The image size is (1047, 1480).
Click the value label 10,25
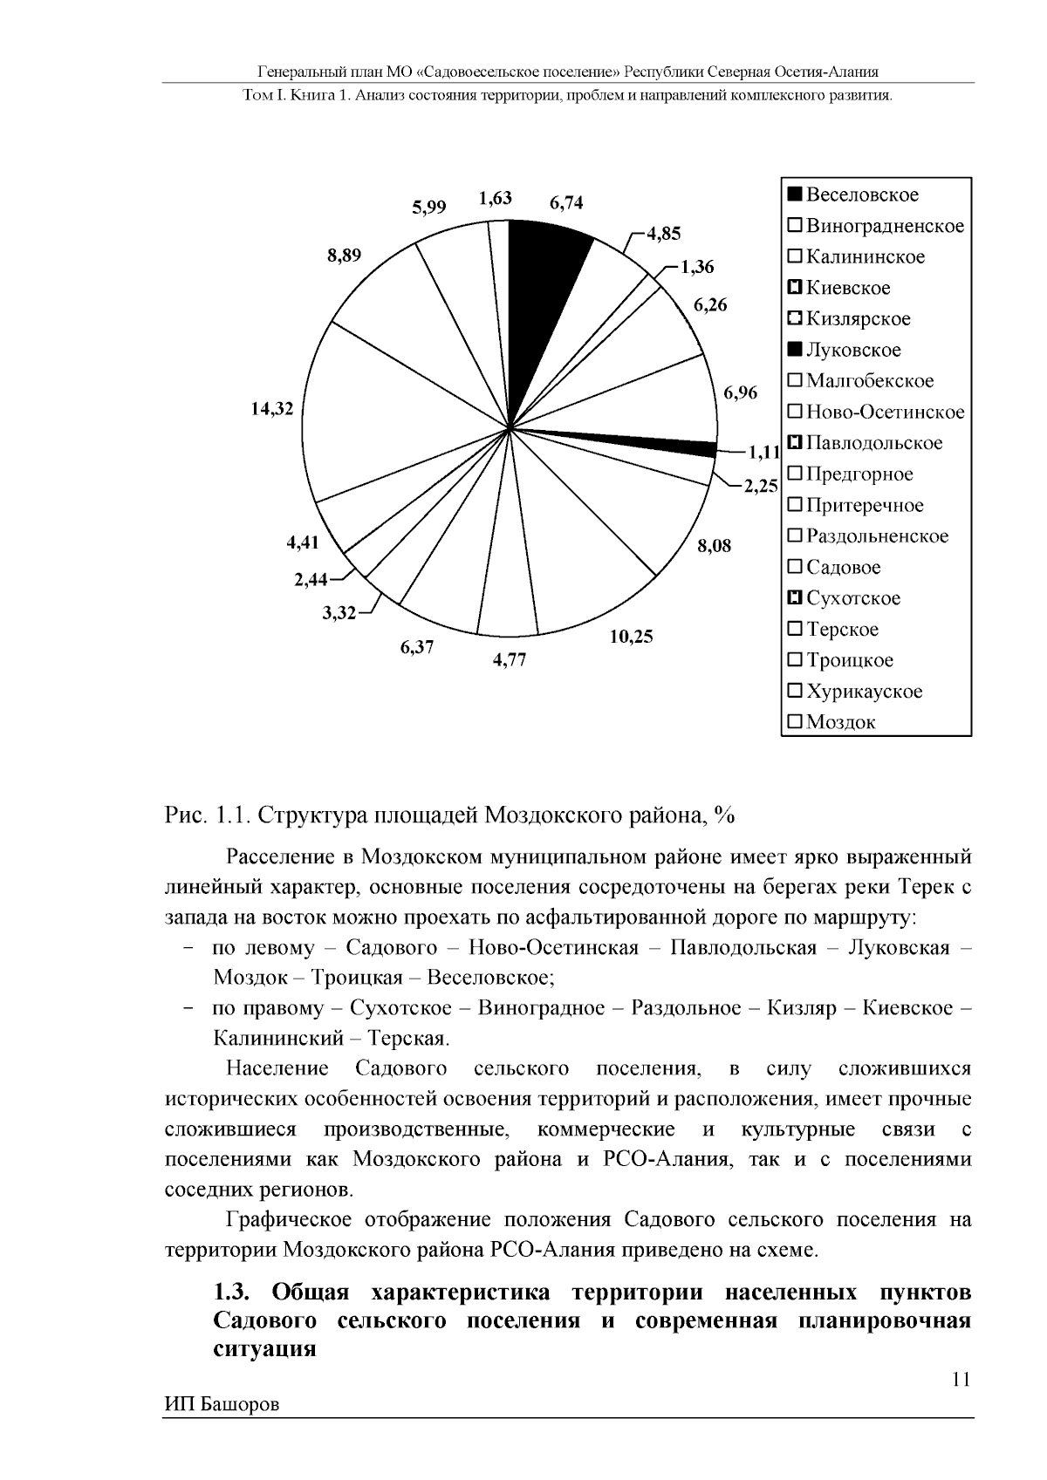pyautogui.click(x=631, y=637)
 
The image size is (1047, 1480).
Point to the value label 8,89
pyautogui.click(x=344, y=255)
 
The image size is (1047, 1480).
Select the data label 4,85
pyautogui.click(x=663, y=234)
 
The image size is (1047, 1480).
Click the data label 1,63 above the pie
pyautogui.click(x=495, y=198)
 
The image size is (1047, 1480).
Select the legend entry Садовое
pyautogui.click(x=843, y=567)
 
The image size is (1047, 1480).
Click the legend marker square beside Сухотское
pyautogui.click(x=794, y=598)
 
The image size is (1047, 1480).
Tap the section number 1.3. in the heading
pyautogui.click(x=236, y=1291)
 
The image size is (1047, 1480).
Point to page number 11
pyautogui.click(x=961, y=1380)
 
